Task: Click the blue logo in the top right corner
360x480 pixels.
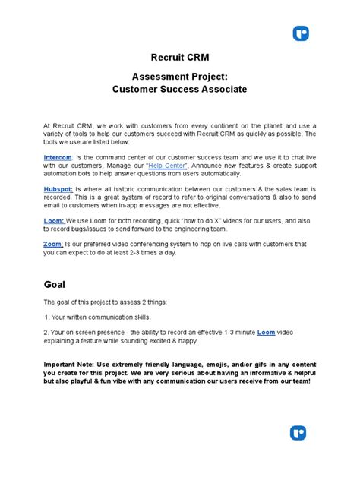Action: tap(301, 33)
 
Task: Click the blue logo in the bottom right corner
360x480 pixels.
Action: tap(298, 434)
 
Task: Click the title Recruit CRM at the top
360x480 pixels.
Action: tap(179, 58)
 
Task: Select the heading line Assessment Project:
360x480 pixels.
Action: tap(179, 77)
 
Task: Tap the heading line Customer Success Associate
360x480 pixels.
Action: tap(179, 90)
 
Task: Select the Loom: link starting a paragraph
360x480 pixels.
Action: tap(54, 220)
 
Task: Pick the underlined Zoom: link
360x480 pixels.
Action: tap(54, 244)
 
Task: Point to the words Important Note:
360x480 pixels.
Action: tap(68, 363)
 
